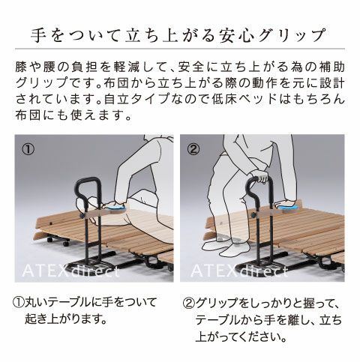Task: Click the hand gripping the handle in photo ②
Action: pos(262,178)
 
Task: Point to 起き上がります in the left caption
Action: pos(68,319)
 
